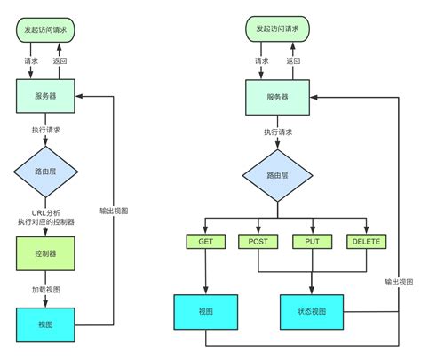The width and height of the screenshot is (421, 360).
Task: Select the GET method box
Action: pyautogui.click(x=205, y=242)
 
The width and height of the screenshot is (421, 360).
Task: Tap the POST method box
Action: pyautogui.click(x=258, y=242)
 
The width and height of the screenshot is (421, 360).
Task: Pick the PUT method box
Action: pyautogui.click(x=311, y=242)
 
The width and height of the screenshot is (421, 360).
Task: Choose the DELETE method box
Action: pyautogui.click(x=365, y=242)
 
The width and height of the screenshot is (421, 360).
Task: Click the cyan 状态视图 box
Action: pyautogui.click(x=311, y=311)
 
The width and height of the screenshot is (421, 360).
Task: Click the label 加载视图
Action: pyautogui.click(x=46, y=289)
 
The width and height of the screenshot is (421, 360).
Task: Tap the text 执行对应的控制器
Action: pyautogui.click(x=46, y=222)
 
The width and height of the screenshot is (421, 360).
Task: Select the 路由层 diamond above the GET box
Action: pyautogui.click(x=277, y=175)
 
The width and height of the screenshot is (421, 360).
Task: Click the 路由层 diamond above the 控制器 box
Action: pyautogui.click(x=46, y=172)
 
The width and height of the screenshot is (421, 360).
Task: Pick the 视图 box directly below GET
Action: pyautogui.click(x=205, y=311)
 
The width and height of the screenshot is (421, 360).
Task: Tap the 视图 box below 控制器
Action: pyautogui.click(x=46, y=324)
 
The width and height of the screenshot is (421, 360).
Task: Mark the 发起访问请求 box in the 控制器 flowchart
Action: pyautogui.click(x=46, y=29)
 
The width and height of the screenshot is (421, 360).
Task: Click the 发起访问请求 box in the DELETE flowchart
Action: pyautogui.click(x=277, y=29)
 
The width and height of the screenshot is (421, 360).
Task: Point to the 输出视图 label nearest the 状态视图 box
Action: pyautogui.click(x=399, y=281)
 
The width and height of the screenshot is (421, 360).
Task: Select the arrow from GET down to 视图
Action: pyautogui.click(x=205, y=271)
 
